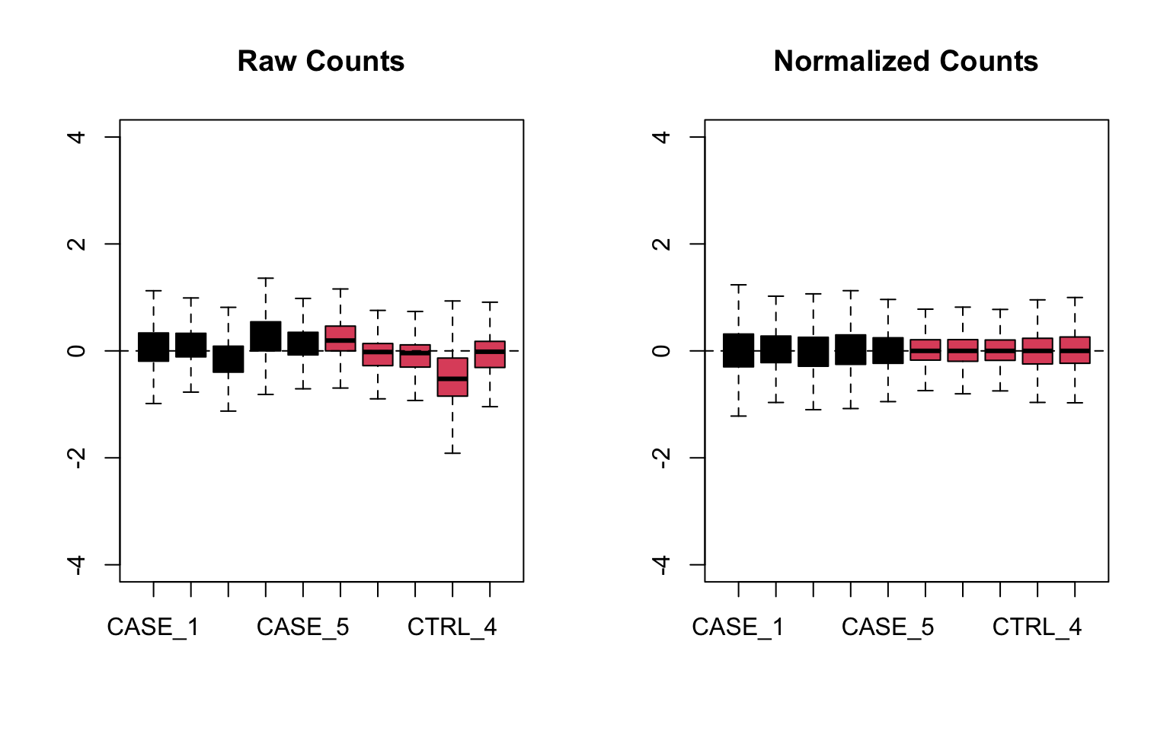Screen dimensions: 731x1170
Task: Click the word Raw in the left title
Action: click(264, 62)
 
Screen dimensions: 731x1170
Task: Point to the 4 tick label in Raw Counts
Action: click(77, 137)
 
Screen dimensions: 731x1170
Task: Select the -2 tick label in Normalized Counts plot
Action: click(662, 458)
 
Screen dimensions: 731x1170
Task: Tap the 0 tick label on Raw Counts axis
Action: click(77, 351)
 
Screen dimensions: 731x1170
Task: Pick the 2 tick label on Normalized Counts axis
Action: click(662, 244)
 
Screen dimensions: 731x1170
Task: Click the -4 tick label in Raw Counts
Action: click(77, 564)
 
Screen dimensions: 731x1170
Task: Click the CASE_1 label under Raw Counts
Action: click(153, 627)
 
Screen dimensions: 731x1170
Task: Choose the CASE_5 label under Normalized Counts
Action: click(887, 627)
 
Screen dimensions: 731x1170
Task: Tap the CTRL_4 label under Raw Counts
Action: click(452, 627)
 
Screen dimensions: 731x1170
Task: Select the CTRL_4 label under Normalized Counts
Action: click(1037, 627)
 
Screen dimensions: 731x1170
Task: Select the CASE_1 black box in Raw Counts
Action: click(153, 346)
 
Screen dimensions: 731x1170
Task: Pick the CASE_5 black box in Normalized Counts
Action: click(887, 350)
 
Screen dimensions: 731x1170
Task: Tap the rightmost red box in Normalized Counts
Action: click(1074, 350)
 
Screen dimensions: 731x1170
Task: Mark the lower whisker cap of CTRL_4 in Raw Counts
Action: click(452, 453)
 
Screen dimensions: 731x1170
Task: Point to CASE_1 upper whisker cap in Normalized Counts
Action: click(738, 285)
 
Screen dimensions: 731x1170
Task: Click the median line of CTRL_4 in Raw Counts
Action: click(452, 378)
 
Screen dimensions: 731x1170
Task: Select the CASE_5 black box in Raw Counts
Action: click(303, 343)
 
